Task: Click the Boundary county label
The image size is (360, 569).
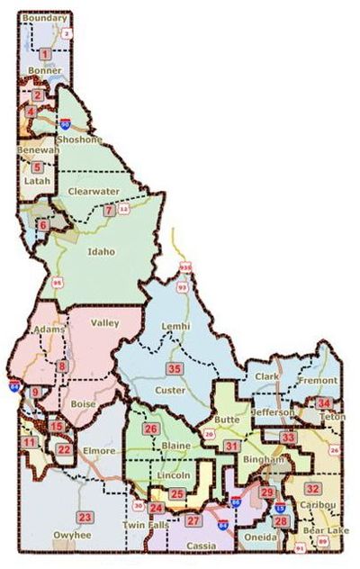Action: [44, 18]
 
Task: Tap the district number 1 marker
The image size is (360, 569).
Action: [44, 55]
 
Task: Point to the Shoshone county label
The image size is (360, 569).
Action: [80, 140]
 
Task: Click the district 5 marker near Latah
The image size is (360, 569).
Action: [37, 167]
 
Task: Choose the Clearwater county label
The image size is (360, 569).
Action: [93, 191]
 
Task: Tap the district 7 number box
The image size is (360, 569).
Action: [109, 210]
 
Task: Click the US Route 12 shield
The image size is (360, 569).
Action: [124, 209]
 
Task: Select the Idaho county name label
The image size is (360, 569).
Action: [102, 252]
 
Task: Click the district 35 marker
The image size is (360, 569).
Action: [175, 369]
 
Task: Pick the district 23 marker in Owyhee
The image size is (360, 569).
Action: [85, 517]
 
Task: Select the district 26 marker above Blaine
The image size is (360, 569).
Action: [152, 429]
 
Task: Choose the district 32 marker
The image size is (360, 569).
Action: [312, 488]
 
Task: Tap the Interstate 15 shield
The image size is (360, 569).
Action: [280, 509]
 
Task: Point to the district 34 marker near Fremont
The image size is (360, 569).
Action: [324, 402]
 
